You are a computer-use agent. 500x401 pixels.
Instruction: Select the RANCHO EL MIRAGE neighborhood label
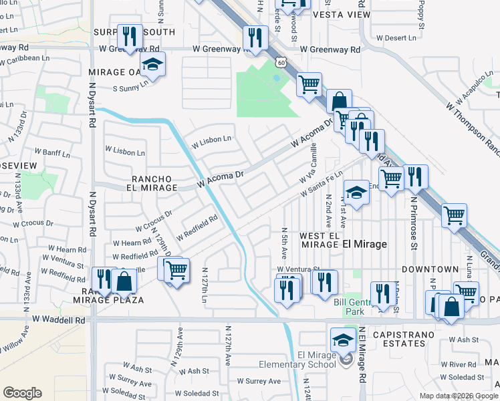click(154, 183)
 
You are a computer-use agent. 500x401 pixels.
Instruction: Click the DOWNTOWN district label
click(430, 269)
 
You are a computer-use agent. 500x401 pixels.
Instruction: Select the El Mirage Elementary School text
click(297, 365)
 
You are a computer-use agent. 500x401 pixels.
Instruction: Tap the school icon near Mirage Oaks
click(153, 65)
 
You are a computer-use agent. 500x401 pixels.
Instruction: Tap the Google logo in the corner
click(22, 393)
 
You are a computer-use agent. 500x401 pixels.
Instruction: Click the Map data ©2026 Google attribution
click(458, 396)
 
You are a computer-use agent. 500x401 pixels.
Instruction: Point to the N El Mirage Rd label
click(362, 354)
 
